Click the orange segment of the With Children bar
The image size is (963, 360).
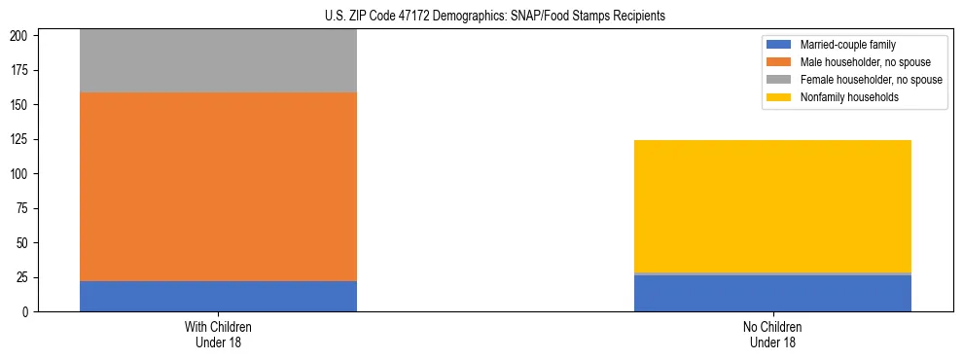[218, 187]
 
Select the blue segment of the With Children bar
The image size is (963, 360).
[218, 296]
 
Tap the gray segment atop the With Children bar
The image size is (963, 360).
[218, 61]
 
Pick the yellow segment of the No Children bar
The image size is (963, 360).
[772, 206]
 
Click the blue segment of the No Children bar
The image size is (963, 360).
[772, 294]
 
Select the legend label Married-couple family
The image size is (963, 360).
[847, 45]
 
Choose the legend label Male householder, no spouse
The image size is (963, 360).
[863, 62]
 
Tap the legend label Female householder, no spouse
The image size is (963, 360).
[871, 80]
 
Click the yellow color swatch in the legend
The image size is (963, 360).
[780, 97]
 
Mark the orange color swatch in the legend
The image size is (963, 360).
[780, 62]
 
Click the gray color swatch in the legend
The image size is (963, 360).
[780, 80]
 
